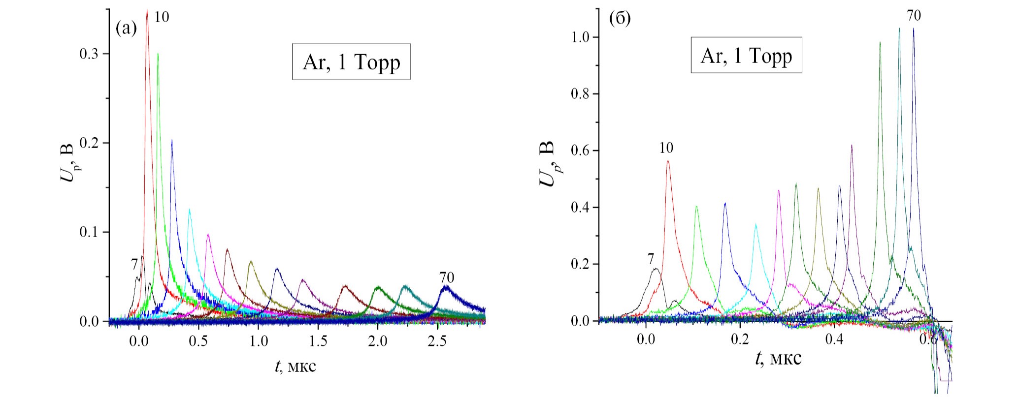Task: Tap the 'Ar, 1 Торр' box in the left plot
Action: click(351, 62)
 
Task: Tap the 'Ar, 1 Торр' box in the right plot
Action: click(746, 56)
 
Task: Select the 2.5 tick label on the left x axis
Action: click(437, 340)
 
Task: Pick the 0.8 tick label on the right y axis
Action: click(581, 94)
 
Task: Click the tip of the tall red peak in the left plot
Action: click(147, 10)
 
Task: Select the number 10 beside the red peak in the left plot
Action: click(162, 17)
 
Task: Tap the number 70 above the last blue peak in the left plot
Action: click(447, 278)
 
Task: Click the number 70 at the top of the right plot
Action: click(914, 16)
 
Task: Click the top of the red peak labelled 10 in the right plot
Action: click(668, 161)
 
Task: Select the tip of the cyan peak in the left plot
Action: click(189, 210)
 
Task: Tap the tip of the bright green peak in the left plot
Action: click(158, 54)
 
